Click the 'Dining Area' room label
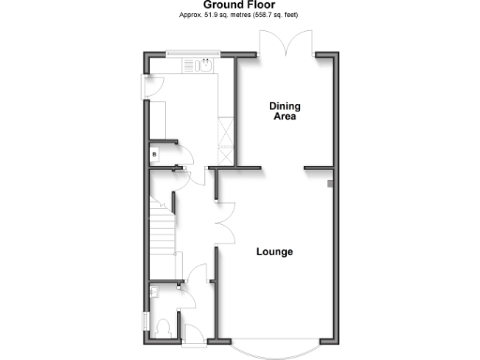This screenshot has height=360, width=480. (284, 112)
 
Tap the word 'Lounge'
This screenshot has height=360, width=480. (274, 251)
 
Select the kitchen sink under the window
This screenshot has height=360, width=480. (205, 67)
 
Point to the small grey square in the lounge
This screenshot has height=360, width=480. (329, 184)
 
